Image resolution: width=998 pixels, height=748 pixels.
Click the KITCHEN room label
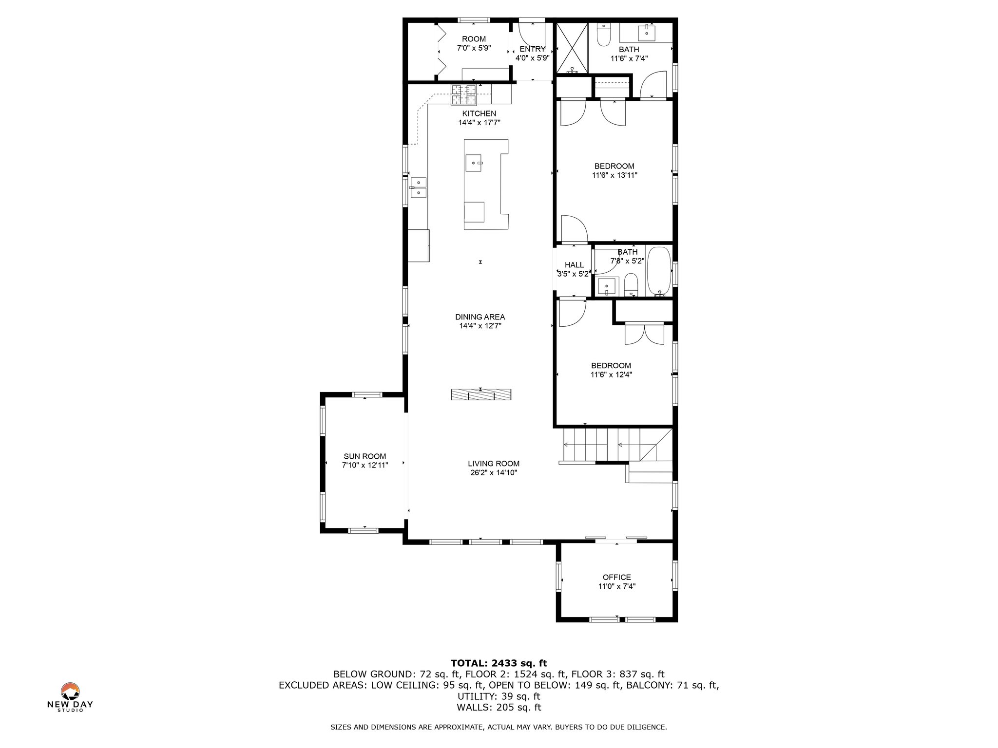point(479,114)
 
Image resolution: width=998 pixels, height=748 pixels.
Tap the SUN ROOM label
point(365,456)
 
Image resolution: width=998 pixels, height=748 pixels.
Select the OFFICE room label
point(617,577)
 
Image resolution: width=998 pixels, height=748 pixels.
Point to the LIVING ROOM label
point(494,464)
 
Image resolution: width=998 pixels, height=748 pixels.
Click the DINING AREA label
point(480,317)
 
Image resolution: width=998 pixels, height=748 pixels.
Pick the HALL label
point(574,265)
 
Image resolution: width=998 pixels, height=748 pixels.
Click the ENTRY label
point(533,49)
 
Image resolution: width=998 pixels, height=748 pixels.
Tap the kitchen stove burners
point(464,95)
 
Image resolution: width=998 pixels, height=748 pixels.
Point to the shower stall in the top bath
point(573,48)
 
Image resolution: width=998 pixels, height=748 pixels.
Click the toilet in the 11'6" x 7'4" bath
point(604,35)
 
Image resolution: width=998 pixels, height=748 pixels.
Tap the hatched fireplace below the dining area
point(481,395)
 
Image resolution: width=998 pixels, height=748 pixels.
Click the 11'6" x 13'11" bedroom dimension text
point(614,175)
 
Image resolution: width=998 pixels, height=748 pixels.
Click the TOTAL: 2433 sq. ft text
point(499,663)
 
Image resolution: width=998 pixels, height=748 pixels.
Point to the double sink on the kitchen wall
point(77,187)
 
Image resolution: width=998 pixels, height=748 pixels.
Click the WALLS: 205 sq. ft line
point(499,708)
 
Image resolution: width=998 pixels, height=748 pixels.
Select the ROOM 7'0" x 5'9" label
point(474,43)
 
